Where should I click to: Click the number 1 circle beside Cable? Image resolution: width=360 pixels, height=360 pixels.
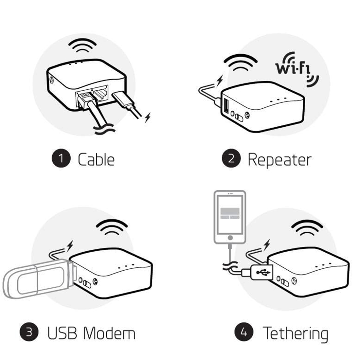pos(61,159)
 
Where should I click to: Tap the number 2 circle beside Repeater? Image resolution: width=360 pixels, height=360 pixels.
pos(231,159)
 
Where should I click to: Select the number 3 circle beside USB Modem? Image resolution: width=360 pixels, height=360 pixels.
pos(29,333)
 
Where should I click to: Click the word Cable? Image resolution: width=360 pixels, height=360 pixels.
pos(96,160)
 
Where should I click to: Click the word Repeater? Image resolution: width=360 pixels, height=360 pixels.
pos(279,160)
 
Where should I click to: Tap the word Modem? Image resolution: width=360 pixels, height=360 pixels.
pos(109,333)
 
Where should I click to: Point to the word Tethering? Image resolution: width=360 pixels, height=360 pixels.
pos(295,333)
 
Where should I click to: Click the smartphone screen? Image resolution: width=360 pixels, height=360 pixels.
pos(230,214)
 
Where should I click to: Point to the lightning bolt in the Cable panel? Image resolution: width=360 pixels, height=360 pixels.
pos(148,117)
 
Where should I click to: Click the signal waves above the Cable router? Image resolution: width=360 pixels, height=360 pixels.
pos(84,46)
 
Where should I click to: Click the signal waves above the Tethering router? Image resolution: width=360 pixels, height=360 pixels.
pos(307,227)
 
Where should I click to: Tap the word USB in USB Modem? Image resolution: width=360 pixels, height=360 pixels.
pos(62,333)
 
